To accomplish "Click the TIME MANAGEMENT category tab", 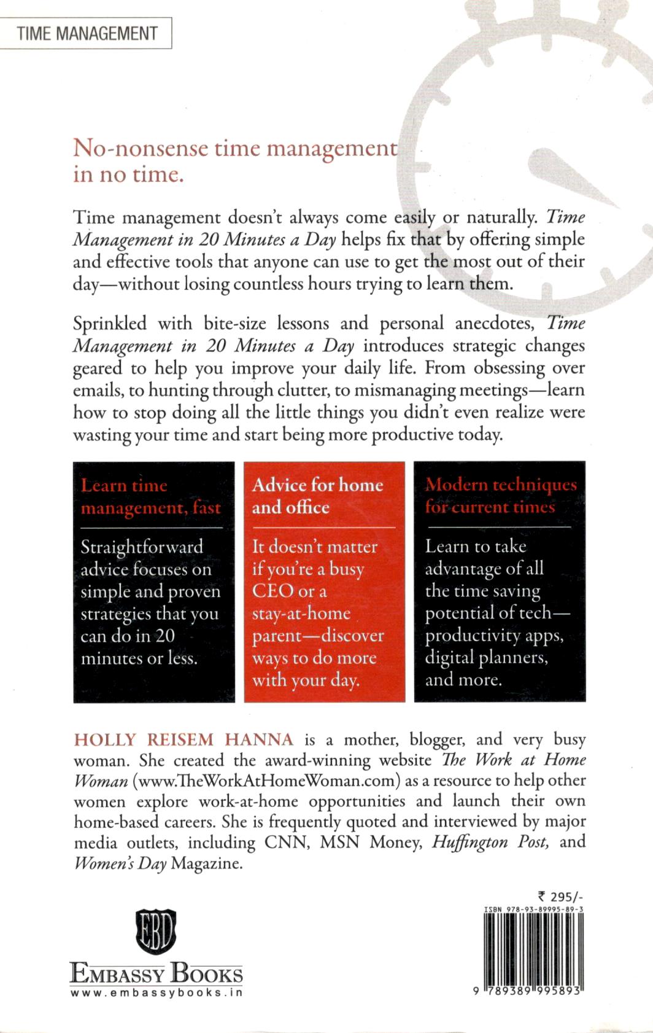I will pyautogui.click(x=87, y=33).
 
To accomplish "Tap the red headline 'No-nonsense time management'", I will pyautogui.click(x=235, y=149).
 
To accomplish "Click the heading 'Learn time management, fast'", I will pyautogui.click(x=150, y=496).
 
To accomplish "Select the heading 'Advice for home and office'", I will pyautogui.click(x=317, y=496).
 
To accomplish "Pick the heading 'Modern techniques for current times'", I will pyautogui.click(x=501, y=496).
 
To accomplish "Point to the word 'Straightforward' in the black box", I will pyautogui.click(x=142, y=547).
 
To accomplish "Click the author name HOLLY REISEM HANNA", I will pyautogui.click(x=184, y=739).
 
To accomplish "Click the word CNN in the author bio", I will pyautogui.click(x=286, y=842).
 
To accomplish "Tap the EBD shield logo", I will pyautogui.click(x=156, y=931).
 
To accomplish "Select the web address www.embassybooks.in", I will pyautogui.click(x=156, y=992).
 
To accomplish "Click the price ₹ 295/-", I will pyautogui.click(x=559, y=897).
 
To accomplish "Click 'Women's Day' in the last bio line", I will pyautogui.click(x=120, y=863).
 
